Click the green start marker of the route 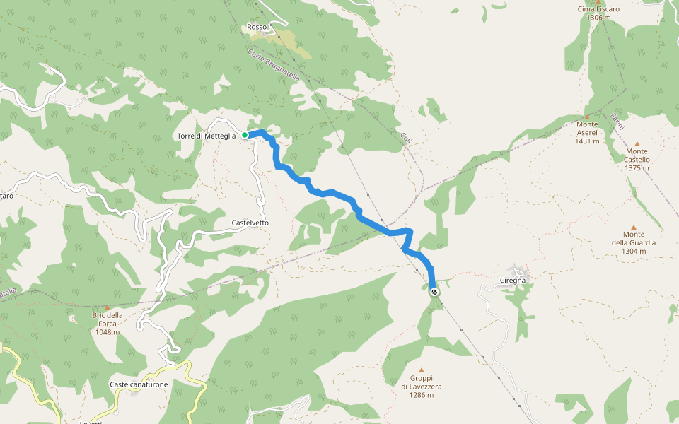pyautogui.click(x=245, y=134)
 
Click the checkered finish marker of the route pyautogui.click(x=434, y=291)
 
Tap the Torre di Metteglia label pyautogui.click(x=207, y=136)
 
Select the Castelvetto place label pyautogui.click(x=250, y=223)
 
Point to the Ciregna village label pyautogui.click(x=513, y=281)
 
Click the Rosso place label pyautogui.click(x=257, y=27)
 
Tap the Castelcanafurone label pyautogui.click(x=139, y=384)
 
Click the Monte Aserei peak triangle pyautogui.click(x=586, y=116)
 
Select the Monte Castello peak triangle pyautogui.click(x=637, y=143)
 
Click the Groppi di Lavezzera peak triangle pyautogui.click(x=422, y=370)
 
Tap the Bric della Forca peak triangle pyautogui.click(x=107, y=307)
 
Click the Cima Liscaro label pyautogui.click(x=598, y=9)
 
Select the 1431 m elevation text pyautogui.click(x=587, y=141)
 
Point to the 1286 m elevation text pyautogui.click(x=421, y=395)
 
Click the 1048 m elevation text pyautogui.click(x=107, y=331)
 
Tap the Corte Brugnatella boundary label pyautogui.click(x=274, y=66)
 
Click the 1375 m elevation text pyautogui.click(x=637, y=168)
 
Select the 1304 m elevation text pyautogui.click(x=634, y=251)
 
